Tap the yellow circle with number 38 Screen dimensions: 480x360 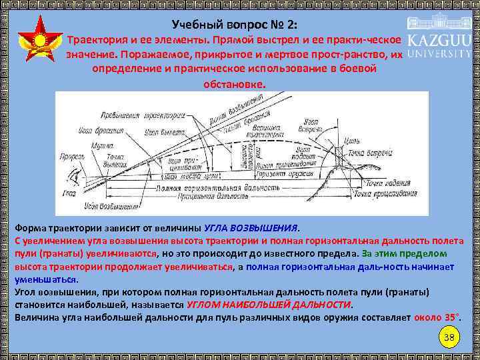pyautogui.click(x=449, y=337)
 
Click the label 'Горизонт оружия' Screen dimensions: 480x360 pyautogui.click(x=299, y=171)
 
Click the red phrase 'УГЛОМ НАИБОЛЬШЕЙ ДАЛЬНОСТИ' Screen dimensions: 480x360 pyautogui.click(x=269, y=304)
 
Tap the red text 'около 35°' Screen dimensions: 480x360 pyautogui.click(x=437, y=317)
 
